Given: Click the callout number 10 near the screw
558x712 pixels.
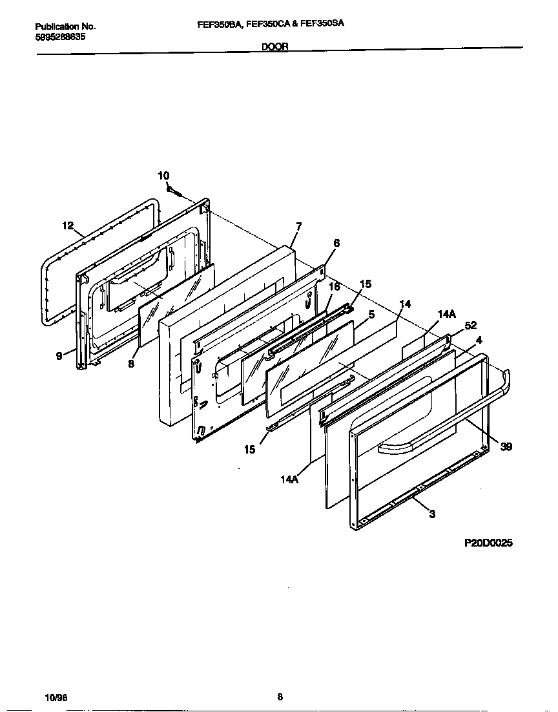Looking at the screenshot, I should (x=163, y=176).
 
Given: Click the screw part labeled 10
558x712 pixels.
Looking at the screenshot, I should (x=174, y=191).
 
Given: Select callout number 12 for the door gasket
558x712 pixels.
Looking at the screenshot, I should (x=68, y=225).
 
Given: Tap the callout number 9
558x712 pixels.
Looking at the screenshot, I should (x=59, y=355).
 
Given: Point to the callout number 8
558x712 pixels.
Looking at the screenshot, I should (x=132, y=364).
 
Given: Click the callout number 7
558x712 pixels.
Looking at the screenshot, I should (x=298, y=226).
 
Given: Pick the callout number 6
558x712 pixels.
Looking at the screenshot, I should (x=336, y=244).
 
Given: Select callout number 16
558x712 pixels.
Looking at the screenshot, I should (x=334, y=286).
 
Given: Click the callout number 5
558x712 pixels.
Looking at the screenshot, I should (x=371, y=315).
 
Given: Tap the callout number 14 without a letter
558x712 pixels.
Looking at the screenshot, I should (x=405, y=303).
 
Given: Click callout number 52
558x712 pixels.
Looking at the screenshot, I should (x=470, y=326).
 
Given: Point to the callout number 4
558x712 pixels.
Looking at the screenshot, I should (x=479, y=339).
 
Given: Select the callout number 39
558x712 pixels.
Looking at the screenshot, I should (x=506, y=446).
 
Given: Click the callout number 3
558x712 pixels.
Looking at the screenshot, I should (x=431, y=514).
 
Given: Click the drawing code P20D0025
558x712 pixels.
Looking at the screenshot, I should (x=488, y=543).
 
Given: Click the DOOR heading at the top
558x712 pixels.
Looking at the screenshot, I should (x=275, y=47).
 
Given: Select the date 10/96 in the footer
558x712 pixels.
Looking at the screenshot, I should (x=56, y=698).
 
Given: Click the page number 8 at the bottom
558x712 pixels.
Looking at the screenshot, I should (x=280, y=696).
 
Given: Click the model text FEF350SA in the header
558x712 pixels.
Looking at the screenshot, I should (x=322, y=23).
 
